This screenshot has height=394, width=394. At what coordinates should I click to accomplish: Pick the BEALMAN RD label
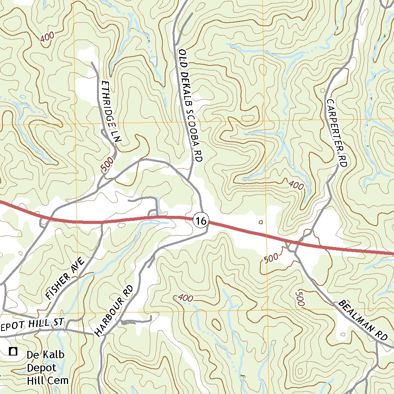coord(362,321)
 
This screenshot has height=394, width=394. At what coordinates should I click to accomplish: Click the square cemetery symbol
coord(13,351)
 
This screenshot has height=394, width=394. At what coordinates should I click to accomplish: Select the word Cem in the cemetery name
coord(60,381)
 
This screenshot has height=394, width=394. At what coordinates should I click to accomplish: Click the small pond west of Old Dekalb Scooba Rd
coord(154,60)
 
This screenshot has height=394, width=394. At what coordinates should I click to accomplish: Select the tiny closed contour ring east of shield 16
coord(261,222)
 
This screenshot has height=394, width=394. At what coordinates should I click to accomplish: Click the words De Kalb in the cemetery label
coord(45,354)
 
